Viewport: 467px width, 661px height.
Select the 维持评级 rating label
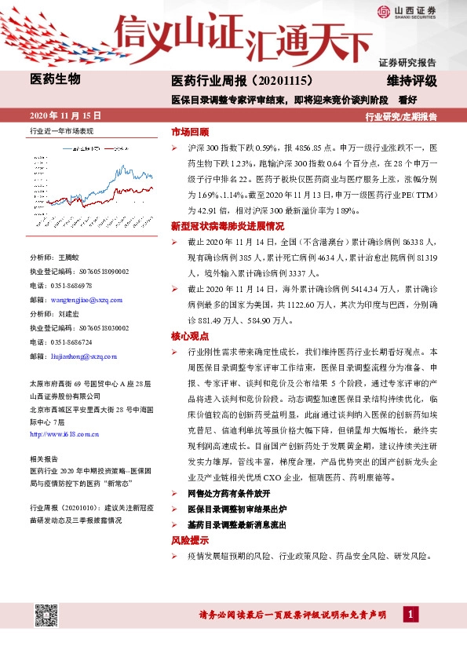tap(412, 80)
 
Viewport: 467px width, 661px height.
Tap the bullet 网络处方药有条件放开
tap(229, 494)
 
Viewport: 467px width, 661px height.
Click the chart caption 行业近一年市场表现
tap(61, 132)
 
